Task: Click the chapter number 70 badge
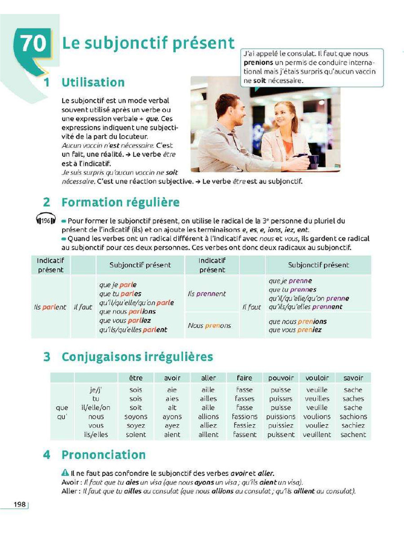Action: tap(34, 44)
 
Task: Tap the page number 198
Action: tap(20, 504)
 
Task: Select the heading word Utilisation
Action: tap(93, 83)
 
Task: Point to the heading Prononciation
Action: tap(103, 455)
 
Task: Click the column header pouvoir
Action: tap(280, 378)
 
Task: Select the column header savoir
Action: tap(352, 378)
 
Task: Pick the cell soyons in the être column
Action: tap(136, 416)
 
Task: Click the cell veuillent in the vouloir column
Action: tap(317, 435)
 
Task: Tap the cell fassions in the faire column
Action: tap(245, 416)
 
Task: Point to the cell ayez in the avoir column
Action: tap(172, 425)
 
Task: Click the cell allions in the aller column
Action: tap(208, 416)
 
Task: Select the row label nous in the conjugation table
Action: tap(96, 416)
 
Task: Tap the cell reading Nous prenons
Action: tap(209, 325)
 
